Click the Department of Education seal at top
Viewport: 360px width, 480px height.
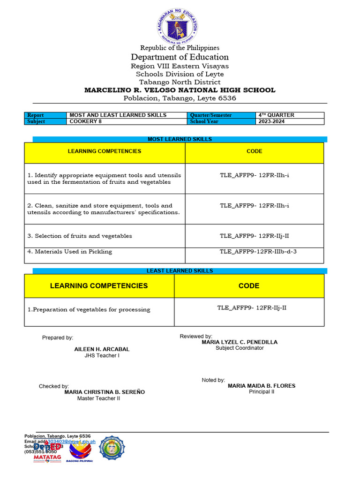177,26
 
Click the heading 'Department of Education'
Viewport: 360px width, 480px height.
180,57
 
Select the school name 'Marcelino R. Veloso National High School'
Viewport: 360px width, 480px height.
180,90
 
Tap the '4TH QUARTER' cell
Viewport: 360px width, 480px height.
276,115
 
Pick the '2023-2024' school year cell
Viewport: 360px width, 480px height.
271,121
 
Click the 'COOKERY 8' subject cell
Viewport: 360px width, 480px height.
85,121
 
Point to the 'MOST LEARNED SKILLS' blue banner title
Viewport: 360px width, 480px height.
180,139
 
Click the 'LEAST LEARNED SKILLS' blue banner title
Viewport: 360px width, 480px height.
180,271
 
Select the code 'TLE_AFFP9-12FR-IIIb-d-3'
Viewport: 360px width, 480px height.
258,252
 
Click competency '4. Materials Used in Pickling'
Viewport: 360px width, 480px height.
70,252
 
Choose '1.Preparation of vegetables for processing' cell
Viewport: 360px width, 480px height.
89,309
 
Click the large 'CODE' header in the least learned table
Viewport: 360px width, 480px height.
248,285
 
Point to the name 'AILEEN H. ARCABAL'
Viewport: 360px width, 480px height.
102,349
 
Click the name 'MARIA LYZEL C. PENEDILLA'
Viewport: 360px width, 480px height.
239,342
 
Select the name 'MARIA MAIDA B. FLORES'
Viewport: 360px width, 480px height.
262,386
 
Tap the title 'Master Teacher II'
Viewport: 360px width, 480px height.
98,398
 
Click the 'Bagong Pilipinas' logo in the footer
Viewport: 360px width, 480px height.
81,451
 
